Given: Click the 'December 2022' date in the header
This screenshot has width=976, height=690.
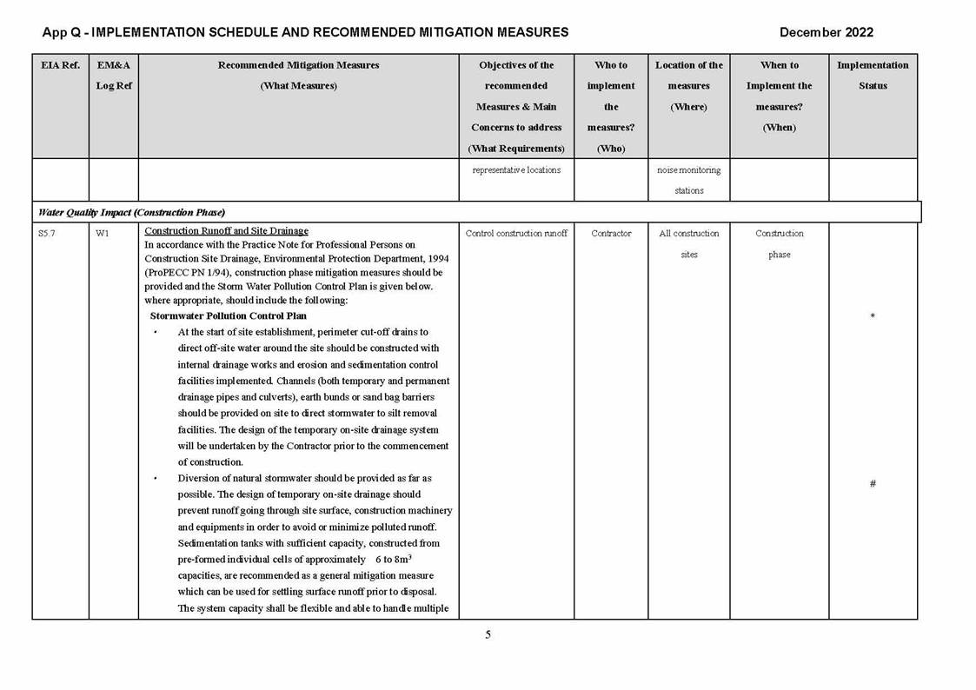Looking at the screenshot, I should [x=826, y=32].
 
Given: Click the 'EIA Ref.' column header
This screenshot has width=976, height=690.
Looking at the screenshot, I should [x=60, y=65].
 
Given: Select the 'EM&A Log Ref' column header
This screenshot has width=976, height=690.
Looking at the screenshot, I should [x=114, y=76].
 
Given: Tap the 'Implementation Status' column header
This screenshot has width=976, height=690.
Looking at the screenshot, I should [x=873, y=76].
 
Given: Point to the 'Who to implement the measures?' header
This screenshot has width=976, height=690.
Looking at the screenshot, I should [x=611, y=106].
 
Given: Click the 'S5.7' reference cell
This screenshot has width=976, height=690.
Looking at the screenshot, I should [x=48, y=233].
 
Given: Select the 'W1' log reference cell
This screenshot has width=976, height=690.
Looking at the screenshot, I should [x=103, y=233].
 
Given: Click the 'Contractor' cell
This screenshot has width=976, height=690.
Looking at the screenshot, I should [x=611, y=233].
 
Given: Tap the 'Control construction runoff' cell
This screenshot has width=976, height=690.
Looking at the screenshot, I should [x=516, y=233].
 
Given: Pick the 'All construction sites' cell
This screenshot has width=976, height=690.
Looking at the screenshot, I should [x=689, y=243].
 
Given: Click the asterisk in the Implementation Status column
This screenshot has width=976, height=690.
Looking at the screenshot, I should [x=873, y=317].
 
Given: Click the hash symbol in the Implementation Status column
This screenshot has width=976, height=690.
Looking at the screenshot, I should [x=873, y=484].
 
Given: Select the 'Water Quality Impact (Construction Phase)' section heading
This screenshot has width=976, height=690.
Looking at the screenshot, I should [x=131, y=212].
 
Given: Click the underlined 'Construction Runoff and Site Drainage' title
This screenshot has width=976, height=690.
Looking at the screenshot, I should [x=226, y=231].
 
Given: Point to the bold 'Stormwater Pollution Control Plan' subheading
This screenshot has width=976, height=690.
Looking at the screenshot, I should [x=228, y=315].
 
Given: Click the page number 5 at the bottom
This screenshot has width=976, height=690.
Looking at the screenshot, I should [x=488, y=634].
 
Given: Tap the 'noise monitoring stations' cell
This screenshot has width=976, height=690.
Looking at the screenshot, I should [x=689, y=180].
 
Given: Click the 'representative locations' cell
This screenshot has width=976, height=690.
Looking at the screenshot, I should [x=516, y=170].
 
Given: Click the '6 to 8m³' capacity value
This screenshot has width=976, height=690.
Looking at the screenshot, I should [x=393, y=559].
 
